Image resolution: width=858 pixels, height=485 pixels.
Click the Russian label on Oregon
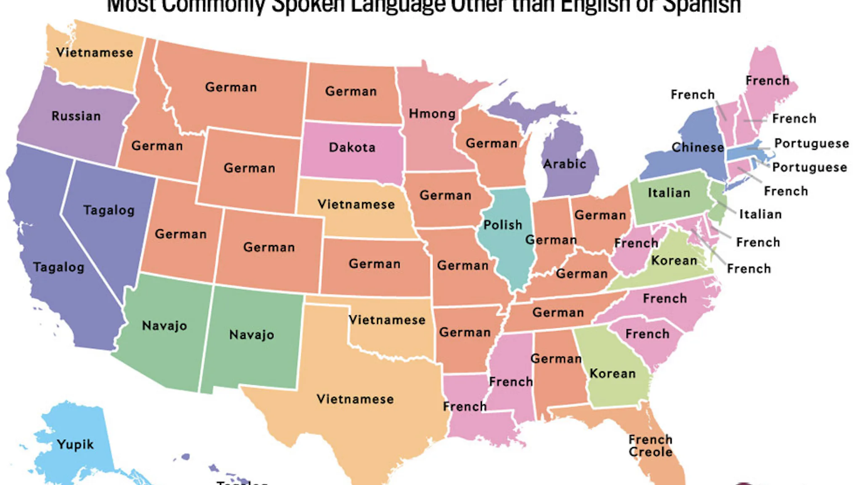click(x=76, y=116)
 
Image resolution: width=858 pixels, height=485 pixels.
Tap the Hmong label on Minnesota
click(x=432, y=114)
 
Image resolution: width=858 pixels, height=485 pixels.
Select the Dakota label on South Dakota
click(x=352, y=147)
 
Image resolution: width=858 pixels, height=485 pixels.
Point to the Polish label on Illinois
click(x=503, y=225)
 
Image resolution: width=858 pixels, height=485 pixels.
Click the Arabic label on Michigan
click(x=564, y=164)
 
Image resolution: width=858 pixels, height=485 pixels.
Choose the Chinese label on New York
click(x=698, y=147)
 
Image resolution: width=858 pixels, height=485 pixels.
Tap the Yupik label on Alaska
click(x=75, y=445)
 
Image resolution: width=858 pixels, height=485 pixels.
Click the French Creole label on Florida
click(x=650, y=446)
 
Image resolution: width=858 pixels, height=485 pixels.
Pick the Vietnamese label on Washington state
click(x=95, y=53)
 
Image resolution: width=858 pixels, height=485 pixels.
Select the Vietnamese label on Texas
click(x=355, y=399)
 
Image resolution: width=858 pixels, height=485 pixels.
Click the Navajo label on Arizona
click(x=164, y=325)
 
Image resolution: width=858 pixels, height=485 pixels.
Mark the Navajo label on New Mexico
click(x=252, y=335)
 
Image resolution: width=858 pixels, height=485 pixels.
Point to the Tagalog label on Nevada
click(x=109, y=210)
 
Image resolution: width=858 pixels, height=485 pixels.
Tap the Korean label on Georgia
click(x=612, y=373)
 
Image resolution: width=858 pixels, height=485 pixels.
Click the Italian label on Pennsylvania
click(x=669, y=193)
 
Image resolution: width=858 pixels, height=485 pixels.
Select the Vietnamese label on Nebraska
click(x=356, y=205)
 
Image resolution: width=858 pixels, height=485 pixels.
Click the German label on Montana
click(x=231, y=87)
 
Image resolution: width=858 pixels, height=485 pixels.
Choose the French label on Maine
click(x=767, y=80)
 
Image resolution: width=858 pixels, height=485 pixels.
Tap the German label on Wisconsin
click(x=491, y=144)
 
